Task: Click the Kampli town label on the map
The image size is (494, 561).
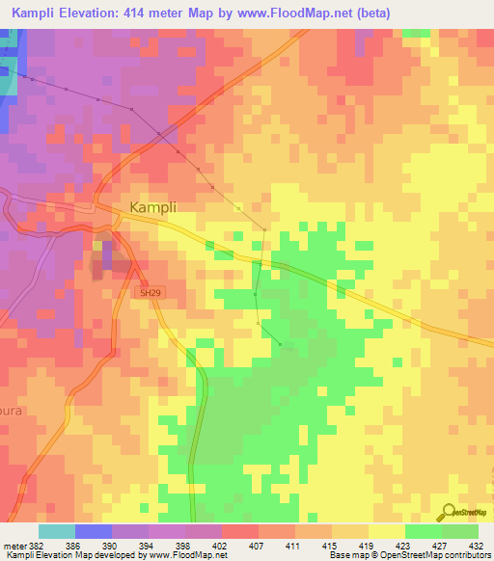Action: click(151, 207)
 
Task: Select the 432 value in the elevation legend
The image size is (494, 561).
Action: click(477, 545)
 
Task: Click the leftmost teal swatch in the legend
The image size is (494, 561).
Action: click(56, 531)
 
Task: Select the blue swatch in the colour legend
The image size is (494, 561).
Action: click(93, 531)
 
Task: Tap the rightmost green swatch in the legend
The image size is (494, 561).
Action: click(459, 531)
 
